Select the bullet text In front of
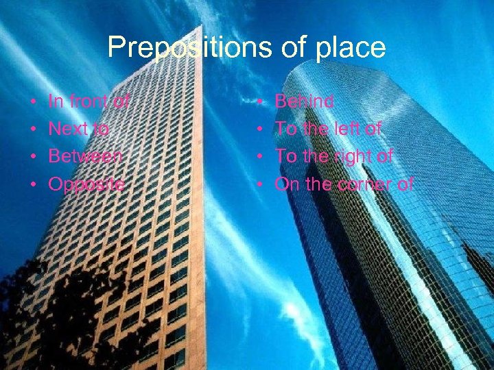pyautogui.click(x=89, y=102)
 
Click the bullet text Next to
pyautogui.click(x=79, y=129)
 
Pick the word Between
pyautogui.click(x=86, y=156)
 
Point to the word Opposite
pyautogui.click(x=86, y=184)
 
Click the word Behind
pyautogui.click(x=304, y=102)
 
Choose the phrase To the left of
pyautogui.click(x=328, y=129)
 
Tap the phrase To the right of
pyautogui.click(x=333, y=156)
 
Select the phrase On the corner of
pyautogui.click(x=344, y=184)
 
